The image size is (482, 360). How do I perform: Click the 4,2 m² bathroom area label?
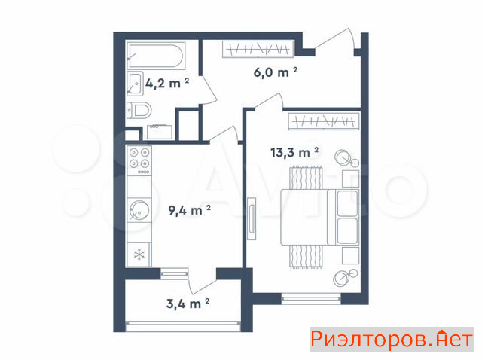pyautogui.click(x=167, y=83)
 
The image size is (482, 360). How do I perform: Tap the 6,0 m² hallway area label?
pyautogui.click(x=276, y=72)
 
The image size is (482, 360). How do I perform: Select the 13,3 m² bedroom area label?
pyautogui.click(x=294, y=152)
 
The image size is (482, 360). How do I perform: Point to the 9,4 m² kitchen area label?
pyautogui.click(x=189, y=210)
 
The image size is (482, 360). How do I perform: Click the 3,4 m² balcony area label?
pyautogui.click(x=188, y=304)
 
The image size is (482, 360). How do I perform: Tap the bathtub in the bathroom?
pyautogui.click(x=156, y=56)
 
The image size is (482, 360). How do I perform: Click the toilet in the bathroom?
pyautogui.click(x=139, y=111)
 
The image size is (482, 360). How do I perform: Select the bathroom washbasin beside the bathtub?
pyautogui.click(x=135, y=84)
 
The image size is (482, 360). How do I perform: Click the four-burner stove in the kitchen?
pyautogui.click(x=139, y=160)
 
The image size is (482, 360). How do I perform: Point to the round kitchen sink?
pyautogui.click(x=139, y=211)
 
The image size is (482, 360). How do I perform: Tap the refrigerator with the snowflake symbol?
pyautogui.click(x=139, y=255)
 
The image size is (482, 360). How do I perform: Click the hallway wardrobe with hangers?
pyautogui.click(x=258, y=49)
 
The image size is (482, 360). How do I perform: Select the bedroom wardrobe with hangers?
pyautogui.click(x=323, y=121)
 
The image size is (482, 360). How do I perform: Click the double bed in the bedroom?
pyautogui.click(x=319, y=218)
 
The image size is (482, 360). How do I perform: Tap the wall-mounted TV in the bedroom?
pyautogui.click(x=252, y=218)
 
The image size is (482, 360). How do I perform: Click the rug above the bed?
pyautogui.click(x=306, y=178)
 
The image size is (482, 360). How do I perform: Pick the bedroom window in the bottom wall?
pyautogui.click(x=311, y=298)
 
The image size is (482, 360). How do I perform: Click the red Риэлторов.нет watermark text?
pyautogui.click(x=392, y=340)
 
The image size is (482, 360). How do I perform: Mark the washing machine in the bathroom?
pyautogui.click(x=159, y=132)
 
